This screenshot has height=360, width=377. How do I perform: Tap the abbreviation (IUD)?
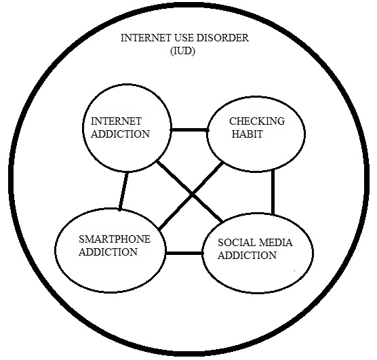182,51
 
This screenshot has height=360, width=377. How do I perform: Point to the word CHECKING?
257,121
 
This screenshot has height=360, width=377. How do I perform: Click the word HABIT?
247,134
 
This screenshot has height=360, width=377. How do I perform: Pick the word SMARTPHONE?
115,239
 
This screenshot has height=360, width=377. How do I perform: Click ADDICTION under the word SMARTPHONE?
108,252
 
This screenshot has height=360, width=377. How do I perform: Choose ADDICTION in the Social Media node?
247,255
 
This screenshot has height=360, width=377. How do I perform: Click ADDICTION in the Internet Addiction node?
120,134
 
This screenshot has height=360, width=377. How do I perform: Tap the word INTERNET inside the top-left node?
116,121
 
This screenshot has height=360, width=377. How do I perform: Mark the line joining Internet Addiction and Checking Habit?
189,130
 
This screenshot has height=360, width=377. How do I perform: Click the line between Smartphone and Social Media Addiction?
184,254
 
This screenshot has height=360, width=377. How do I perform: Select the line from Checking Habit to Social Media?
273,192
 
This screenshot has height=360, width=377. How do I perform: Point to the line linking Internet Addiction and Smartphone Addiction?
123,191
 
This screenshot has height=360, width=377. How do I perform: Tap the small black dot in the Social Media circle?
295,271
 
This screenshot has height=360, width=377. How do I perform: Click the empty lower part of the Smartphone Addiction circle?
111,274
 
